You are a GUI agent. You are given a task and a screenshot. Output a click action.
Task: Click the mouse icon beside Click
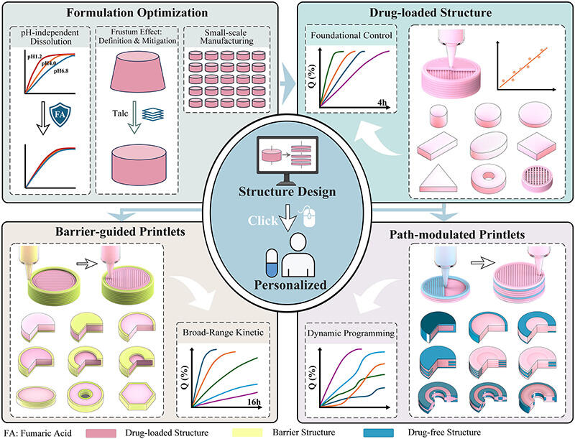point(310,221)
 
